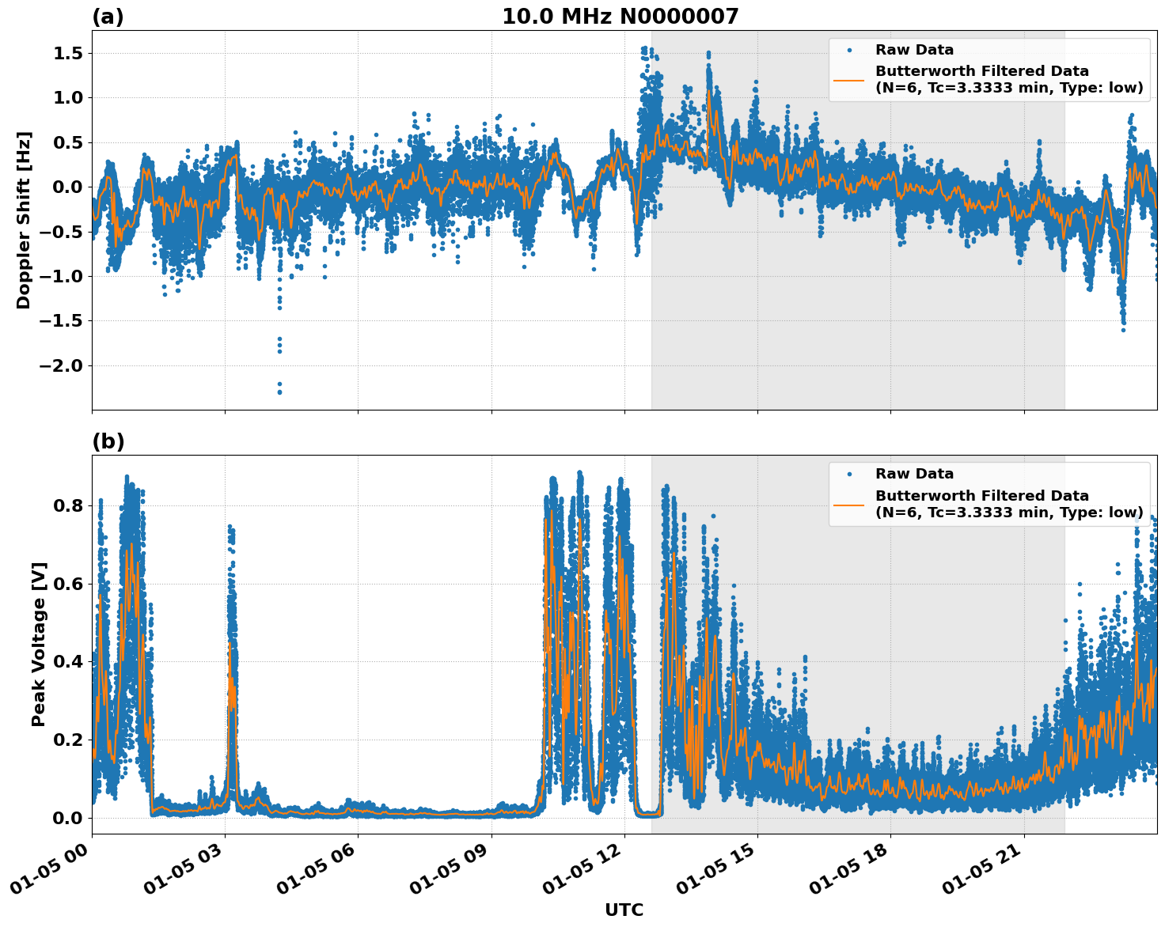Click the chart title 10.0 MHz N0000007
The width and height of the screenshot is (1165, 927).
(x=620, y=17)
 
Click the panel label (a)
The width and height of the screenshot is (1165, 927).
(x=108, y=17)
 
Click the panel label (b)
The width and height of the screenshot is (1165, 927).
(x=108, y=441)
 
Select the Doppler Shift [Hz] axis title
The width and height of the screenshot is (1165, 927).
(x=24, y=220)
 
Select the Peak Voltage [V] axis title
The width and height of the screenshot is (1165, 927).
(x=39, y=644)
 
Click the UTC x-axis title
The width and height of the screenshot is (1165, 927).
(x=624, y=910)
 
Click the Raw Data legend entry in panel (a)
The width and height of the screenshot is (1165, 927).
(x=914, y=50)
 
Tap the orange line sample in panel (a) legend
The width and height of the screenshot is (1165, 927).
(x=848, y=79)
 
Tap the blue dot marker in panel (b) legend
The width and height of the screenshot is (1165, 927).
(x=848, y=474)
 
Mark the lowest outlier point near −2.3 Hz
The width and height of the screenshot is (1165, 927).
(x=279, y=392)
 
